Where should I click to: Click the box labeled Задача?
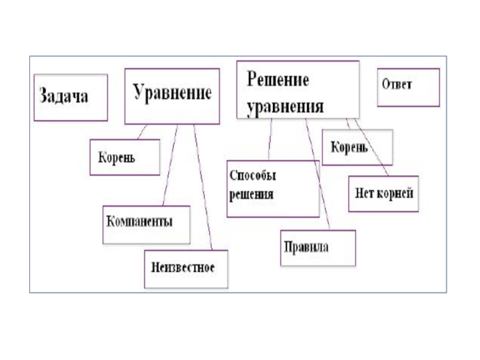point(70,97)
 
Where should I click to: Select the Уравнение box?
point(172,96)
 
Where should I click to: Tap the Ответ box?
point(408,87)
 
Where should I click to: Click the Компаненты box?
point(146,224)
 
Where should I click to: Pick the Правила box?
point(318,248)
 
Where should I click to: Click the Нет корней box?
point(383,194)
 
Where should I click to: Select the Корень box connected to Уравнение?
point(125,157)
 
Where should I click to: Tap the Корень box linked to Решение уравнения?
point(357,147)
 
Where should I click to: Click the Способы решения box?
point(272,188)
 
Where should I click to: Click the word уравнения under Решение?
point(286,107)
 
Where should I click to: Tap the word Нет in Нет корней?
point(365,194)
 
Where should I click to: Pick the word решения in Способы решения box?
point(252,194)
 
